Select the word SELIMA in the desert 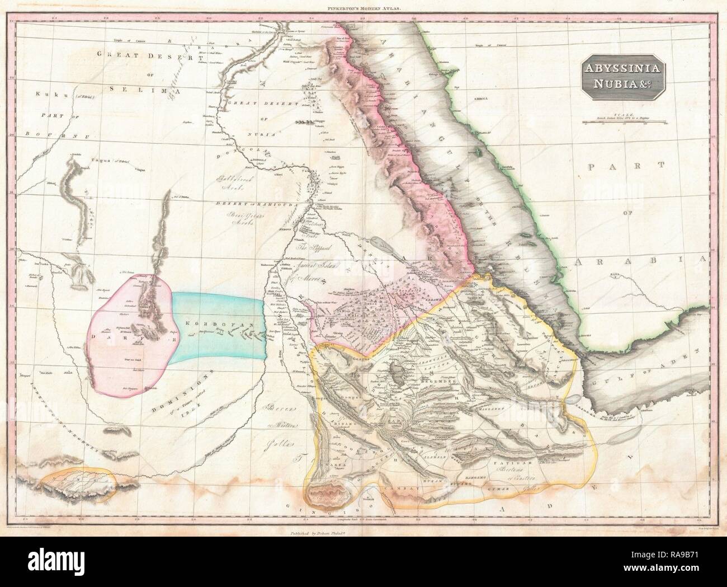(x=138, y=90)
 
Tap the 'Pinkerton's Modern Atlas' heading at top (x=363, y=8)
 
